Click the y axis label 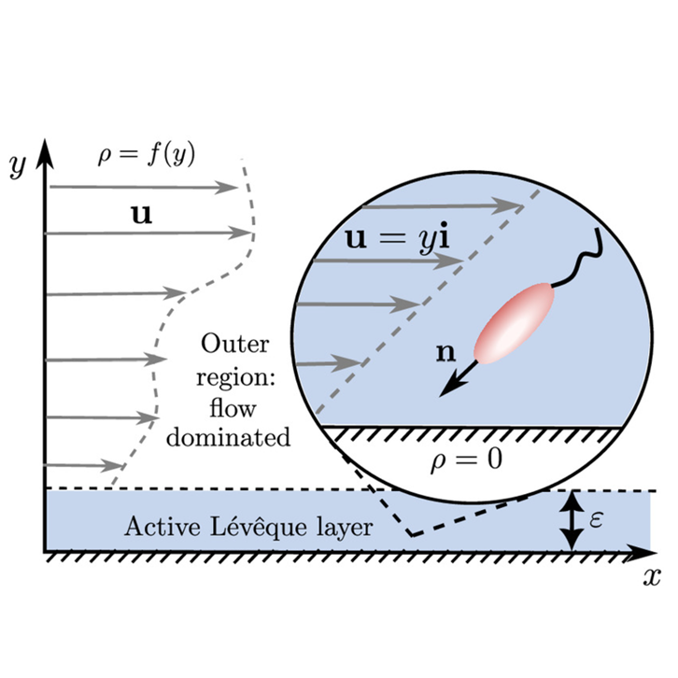[18, 166]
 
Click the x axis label [652, 576]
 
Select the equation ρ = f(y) [147, 155]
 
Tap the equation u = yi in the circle [398, 239]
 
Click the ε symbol [596, 519]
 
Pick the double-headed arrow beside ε [572, 521]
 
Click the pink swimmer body [515, 323]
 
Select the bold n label [445, 352]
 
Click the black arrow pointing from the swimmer [459, 379]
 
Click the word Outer [234, 345]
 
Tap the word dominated [228, 437]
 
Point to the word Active [162, 527]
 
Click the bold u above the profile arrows [142, 215]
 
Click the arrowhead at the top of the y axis [45, 154]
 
